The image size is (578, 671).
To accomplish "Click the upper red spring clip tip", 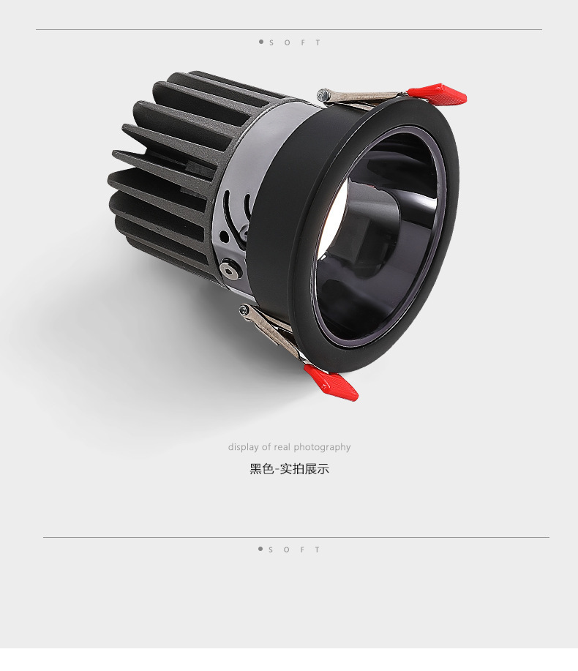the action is [x=438, y=94].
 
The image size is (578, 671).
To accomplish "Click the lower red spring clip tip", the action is [x=331, y=383].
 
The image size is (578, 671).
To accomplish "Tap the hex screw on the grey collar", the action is [x=228, y=270].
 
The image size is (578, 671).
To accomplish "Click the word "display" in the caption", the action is [x=244, y=447].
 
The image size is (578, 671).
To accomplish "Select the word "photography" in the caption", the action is [x=322, y=447].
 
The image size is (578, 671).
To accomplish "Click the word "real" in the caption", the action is [x=282, y=447].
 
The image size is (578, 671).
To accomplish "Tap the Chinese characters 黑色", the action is [x=261, y=469].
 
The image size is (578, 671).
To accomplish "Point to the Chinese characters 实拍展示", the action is [x=304, y=469].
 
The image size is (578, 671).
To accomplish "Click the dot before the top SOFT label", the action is [x=261, y=42].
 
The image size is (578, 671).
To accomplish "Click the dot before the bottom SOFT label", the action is [x=260, y=549].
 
